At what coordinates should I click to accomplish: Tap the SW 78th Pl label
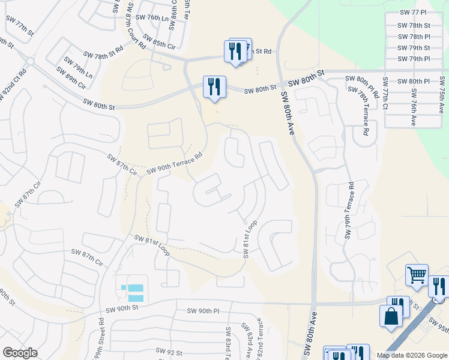pyautogui.click(x=415, y=37)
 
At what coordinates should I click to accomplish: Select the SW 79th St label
pyautogui.click(x=415, y=48)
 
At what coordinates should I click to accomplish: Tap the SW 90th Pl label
pyautogui.click(x=203, y=311)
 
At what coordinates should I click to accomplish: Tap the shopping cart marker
pyautogui.click(x=417, y=275)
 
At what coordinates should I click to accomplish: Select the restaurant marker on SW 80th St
pyautogui.click(x=214, y=87)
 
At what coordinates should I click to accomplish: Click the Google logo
pyautogui.click(x=20, y=353)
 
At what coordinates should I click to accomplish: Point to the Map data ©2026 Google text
pyautogui.click(x=411, y=355)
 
